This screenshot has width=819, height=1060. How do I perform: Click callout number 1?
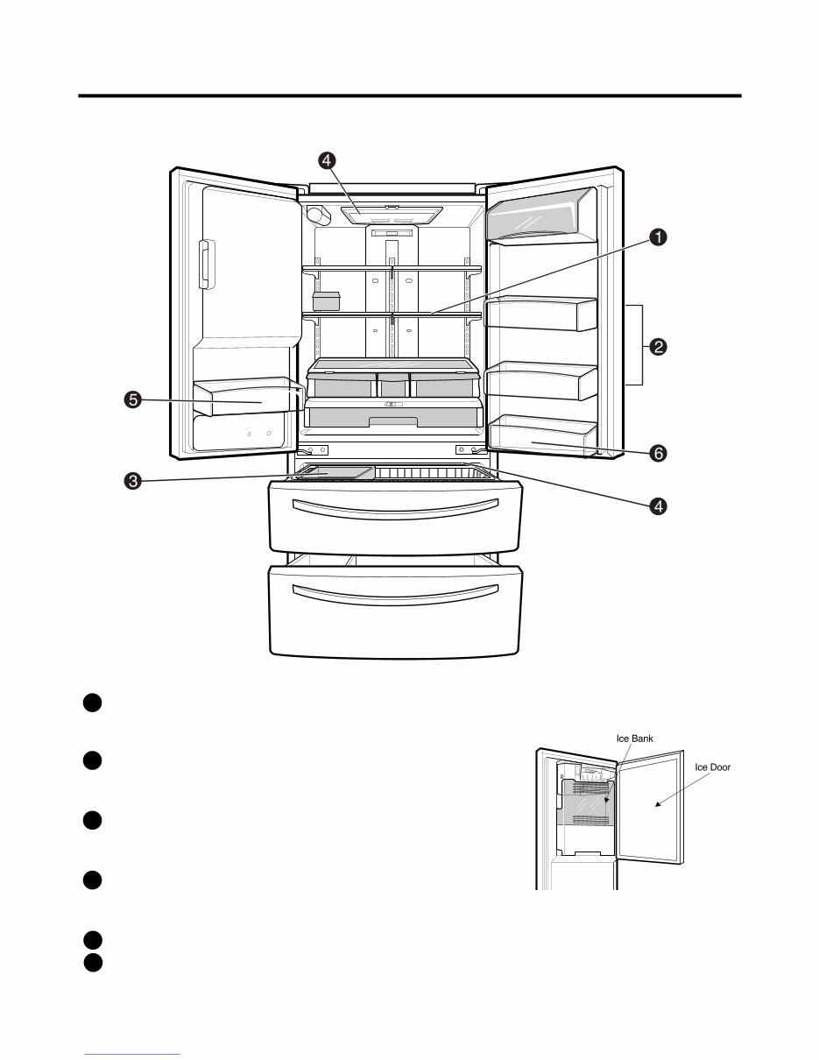point(657,237)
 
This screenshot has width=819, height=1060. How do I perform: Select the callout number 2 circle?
point(657,346)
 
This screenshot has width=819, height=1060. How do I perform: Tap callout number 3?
point(132,480)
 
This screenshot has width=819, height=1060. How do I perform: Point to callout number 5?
point(132,400)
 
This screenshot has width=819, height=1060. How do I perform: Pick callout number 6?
point(657,453)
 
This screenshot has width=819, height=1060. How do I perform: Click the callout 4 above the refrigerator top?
point(326,160)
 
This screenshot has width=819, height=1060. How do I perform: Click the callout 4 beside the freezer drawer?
point(657,505)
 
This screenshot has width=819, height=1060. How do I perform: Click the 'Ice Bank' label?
point(634,738)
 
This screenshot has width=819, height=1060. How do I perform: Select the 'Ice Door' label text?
point(712,767)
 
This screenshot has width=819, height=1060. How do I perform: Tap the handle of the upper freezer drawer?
point(396,507)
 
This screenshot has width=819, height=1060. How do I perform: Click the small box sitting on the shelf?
point(326,301)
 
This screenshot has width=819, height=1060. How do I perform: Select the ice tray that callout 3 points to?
point(337,473)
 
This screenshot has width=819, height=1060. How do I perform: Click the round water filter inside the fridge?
point(317,215)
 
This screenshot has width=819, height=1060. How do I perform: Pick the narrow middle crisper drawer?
point(393,385)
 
